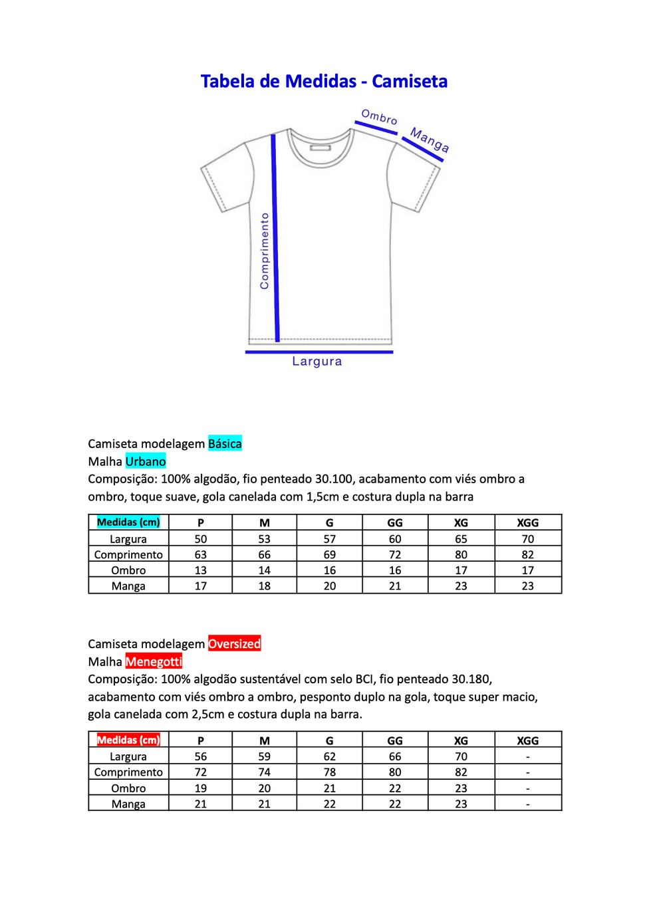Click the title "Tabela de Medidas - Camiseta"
[324, 81]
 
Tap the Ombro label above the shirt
[379, 117]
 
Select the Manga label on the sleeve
[430, 140]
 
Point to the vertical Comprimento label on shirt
[265, 251]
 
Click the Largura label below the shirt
[317, 361]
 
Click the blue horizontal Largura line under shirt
[319, 352]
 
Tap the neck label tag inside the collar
[320, 148]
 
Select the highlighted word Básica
[225, 443]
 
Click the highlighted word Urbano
[146, 461]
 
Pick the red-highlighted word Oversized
[234, 643]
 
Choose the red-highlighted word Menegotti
[154, 661]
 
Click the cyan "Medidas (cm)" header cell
[128, 522]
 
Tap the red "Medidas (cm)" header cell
[128, 740]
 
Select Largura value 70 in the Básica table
[527, 538]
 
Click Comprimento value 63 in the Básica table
[200, 554]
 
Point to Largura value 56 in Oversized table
[200, 756]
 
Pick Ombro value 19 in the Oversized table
[200, 788]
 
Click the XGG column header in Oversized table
[527, 741]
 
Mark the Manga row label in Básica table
[128, 586]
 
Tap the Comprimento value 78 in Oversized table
[329, 772]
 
